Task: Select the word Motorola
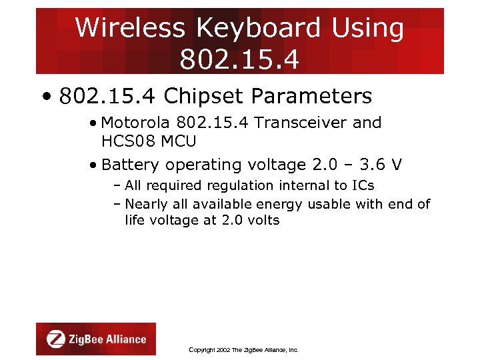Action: click(136, 123)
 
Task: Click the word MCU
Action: click(178, 141)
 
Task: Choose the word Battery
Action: click(131, 165)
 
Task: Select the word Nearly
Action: click(147, 204)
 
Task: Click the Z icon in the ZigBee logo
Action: click(55, 339)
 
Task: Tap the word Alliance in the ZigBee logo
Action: click(125, 339)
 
